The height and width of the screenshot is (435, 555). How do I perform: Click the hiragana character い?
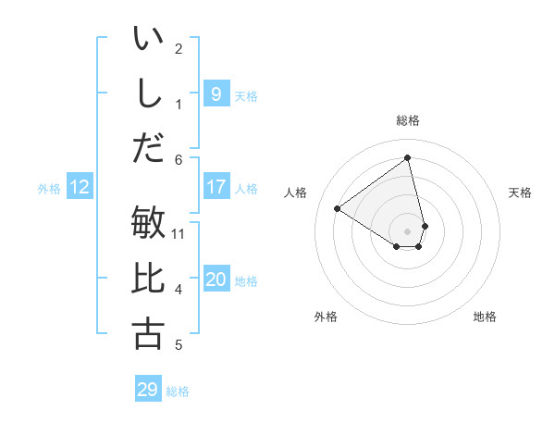point(148,40)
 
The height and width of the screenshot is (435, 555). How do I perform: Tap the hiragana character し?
point(148,93)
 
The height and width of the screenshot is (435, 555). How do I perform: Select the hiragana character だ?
point(148,146)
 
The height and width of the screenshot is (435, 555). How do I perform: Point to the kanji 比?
point(148,280)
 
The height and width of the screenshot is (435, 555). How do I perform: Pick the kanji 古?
point(148,333)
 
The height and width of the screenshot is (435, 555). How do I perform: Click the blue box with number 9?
point(216,93)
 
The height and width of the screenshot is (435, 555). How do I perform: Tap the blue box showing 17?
point(216,187)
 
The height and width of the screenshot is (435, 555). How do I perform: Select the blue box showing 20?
point(216,280)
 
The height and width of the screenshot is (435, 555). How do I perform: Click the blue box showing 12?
point(79,188)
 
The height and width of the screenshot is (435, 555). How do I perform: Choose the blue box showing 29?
point(147,390)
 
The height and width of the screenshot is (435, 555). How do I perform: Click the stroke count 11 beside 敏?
point(179,233)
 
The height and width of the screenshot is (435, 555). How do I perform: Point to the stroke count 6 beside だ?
point(179,160)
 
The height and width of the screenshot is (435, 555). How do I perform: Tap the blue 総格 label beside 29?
point(178,391)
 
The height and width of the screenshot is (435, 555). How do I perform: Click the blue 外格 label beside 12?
point(49,189)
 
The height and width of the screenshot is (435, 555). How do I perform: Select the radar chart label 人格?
point(295,193)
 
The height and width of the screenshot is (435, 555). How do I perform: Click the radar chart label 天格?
point(520,193)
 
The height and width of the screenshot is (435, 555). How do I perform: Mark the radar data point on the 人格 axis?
point(338,208)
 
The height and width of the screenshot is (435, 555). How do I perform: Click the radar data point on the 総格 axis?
point(408,158)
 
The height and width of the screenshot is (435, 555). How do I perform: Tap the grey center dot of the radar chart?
point(408,230)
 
